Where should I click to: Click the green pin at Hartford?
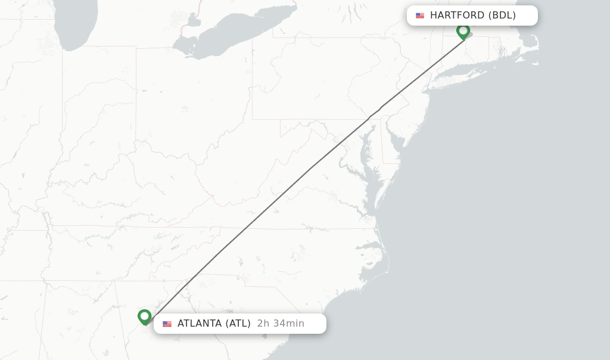click(463, 30)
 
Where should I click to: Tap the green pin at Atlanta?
click(144, 316)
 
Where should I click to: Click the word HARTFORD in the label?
click(457, 15)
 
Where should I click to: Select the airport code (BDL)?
click(502, 15)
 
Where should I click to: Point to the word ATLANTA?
click(200, 324)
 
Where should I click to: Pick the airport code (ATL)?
click(238, 324)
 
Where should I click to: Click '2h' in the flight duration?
click(263, 324)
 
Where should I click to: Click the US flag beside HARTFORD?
click(420, 15)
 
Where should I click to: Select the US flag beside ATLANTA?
click(167, 324)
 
